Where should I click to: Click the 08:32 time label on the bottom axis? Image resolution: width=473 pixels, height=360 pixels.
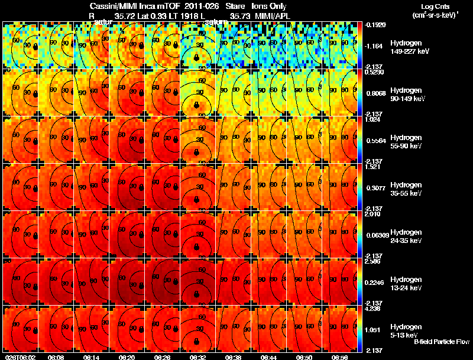197,357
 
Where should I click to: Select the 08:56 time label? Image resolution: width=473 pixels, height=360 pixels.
339,357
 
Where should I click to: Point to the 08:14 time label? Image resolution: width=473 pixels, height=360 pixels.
91,357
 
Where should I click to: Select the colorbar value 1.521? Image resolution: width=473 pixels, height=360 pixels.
372,167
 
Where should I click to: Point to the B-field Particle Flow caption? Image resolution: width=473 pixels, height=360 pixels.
442,342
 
